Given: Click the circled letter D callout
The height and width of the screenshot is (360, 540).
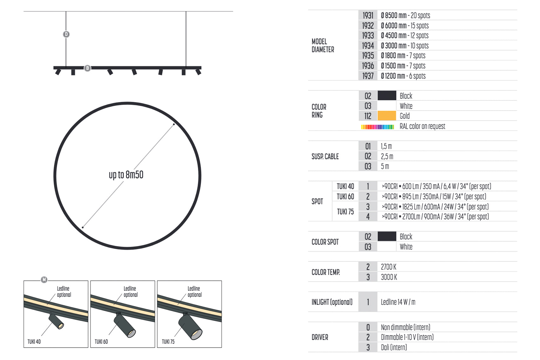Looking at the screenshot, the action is [x=66, y=34].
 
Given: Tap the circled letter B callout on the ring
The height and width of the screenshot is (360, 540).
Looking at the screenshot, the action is [x=87, y=68].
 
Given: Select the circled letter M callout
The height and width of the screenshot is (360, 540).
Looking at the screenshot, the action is [x=44, y=280].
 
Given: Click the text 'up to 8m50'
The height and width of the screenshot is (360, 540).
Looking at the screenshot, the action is [x=126, y=175].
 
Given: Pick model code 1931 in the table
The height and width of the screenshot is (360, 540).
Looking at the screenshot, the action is [x=368, y=16].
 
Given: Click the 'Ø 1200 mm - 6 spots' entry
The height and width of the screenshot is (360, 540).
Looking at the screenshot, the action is [x=403, y=76].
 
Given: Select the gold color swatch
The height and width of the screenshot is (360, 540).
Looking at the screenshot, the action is [x=387, y=116].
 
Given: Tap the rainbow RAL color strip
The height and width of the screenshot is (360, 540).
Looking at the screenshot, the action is [x=377, y=127].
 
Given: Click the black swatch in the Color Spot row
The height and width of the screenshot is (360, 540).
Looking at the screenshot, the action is [x=387, y=236].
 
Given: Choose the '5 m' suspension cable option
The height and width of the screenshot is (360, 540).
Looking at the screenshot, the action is [x=385, y=166].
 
